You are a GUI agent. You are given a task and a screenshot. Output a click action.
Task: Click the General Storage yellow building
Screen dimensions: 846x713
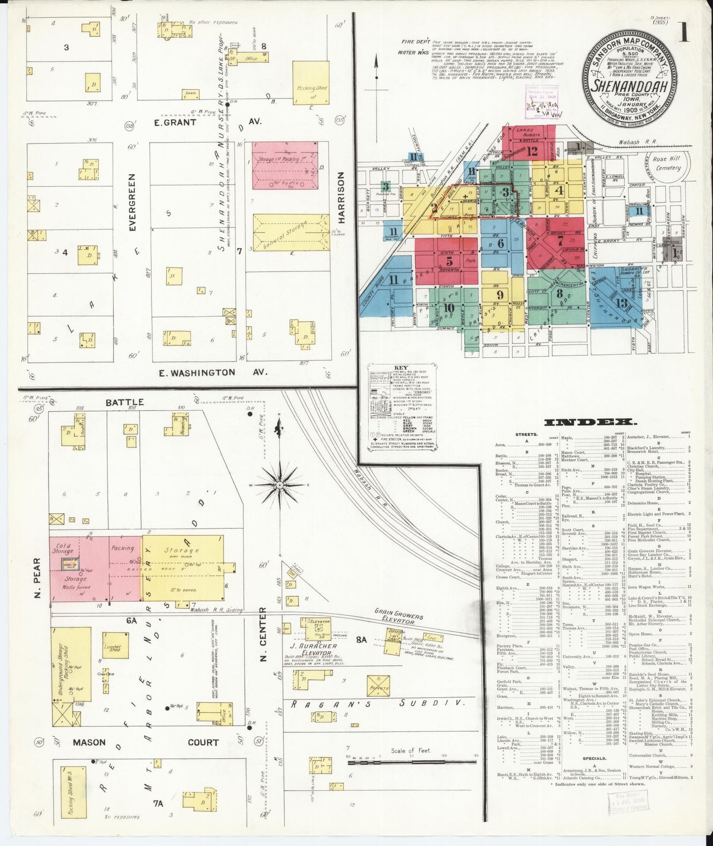pyautogui.click(x=291, y=232)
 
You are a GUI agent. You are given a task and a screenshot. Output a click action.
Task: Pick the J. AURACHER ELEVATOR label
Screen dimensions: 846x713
pyautogui.click(x=314, y=649)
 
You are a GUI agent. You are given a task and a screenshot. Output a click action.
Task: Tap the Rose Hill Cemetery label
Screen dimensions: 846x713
pyautogui.click(x=666, y=163)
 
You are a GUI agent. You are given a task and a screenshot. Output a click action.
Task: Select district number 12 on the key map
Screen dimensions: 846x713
pyautogui.click(x=531, y=152)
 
